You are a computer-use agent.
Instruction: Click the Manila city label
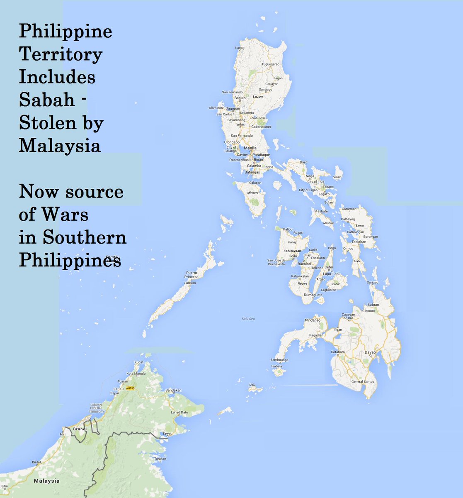click(250, 148)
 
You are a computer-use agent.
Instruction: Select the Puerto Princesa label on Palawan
click(192, 275)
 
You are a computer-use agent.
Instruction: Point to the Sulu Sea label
click(248, 319)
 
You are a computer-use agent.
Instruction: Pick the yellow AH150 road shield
click(130, 388)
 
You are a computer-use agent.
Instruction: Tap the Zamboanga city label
click(279, 360)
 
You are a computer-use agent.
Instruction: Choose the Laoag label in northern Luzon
click(240, 48)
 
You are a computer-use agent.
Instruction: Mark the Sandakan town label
click(173, 391)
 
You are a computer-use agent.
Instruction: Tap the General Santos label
click(363, 381)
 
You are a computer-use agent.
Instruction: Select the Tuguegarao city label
click(271, 64)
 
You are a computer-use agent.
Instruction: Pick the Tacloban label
click(359, 242)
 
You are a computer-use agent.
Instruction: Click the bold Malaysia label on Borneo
click(46, 481)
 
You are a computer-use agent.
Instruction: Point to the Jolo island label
click(252, 385)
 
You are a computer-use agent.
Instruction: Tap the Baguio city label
click(240, 98)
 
